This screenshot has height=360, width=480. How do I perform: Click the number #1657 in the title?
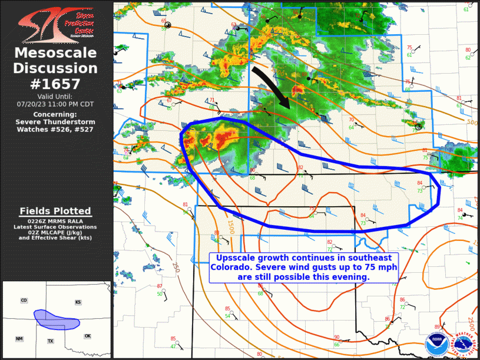point(55,83)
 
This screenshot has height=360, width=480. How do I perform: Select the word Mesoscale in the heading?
point(55,52)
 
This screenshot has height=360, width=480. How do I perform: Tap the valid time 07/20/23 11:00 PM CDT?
point(55,104)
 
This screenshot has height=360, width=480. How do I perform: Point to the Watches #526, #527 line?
point(55,128)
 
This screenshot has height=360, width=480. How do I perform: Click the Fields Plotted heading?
point(55,211)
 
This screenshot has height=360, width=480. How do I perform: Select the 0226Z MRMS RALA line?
point(55,220)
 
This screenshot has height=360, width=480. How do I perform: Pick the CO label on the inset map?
point(24,300)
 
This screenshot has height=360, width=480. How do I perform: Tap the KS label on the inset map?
point(78,302)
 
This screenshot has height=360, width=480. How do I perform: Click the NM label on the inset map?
point(19,339)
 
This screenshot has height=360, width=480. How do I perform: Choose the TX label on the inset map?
point(51,341)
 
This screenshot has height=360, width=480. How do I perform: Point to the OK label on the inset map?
point(88,336)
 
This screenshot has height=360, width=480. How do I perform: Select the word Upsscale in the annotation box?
point(236,259)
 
